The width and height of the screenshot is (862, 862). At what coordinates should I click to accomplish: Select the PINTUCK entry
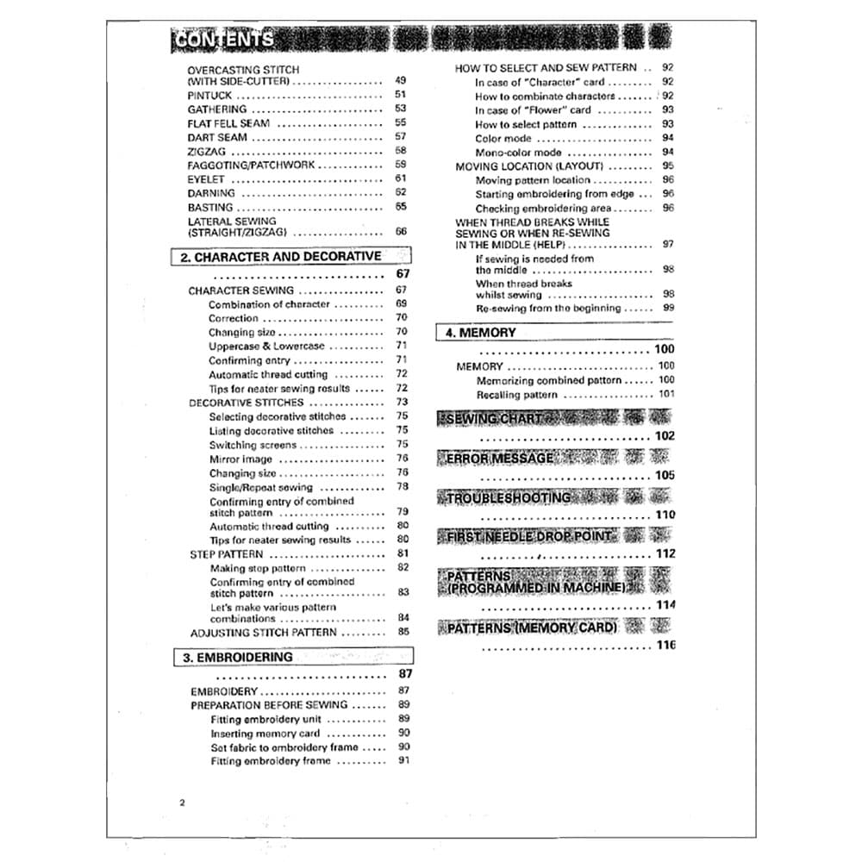click(209, 96)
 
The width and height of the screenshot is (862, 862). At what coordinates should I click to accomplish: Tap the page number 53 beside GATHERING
click(400, 109)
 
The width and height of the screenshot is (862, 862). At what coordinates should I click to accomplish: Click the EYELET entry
click(206, 179)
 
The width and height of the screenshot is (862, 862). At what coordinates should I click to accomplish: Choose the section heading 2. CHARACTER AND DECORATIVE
click(280, 257)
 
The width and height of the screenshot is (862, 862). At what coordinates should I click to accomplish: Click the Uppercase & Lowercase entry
click(266, 347)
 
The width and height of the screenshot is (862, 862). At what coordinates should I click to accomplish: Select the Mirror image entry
click(240, 459)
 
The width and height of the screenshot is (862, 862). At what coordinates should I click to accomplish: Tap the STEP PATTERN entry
click(226, 554)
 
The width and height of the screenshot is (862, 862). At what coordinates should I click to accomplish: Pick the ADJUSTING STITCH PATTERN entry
click(263, 633)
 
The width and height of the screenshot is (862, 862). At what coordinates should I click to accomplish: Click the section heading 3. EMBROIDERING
click(237, 657)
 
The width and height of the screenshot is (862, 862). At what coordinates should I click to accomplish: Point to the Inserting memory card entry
click(265, 734)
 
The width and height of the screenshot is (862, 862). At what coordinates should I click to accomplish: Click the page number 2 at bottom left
click(183, 803)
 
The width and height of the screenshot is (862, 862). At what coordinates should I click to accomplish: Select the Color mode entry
click(503, 138)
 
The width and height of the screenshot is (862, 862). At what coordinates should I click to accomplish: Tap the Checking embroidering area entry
click(543, 209)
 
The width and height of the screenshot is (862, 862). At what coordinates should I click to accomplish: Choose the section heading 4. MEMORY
click(481, 333)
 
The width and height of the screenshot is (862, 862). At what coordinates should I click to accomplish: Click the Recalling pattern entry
click(516, 395)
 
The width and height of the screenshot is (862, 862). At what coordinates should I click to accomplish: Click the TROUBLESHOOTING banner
click(509, 498)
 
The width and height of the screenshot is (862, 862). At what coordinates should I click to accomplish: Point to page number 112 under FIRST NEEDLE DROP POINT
click(665, 554)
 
